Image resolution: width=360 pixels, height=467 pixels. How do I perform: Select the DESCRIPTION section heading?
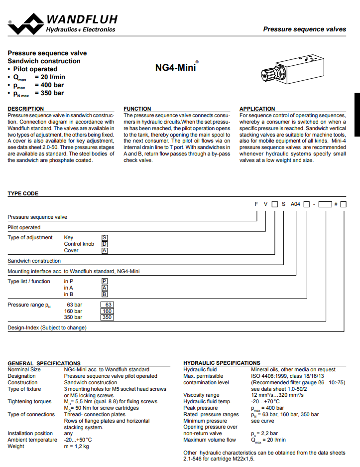(x=26, y=109)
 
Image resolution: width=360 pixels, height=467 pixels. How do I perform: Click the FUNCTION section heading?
(x=137, y=109)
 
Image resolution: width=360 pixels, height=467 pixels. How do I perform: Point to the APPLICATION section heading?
(x=257, y=109)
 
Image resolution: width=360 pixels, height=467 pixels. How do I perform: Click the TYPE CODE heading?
(x=23, y=193)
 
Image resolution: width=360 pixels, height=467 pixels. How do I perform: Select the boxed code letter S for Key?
(x=105, y=238)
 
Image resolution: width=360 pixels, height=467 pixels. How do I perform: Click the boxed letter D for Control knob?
(x=105, y=244)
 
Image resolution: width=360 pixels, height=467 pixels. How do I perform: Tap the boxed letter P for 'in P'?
(x=105, y=282)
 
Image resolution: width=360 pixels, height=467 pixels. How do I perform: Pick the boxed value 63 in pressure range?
(x=107, y=305)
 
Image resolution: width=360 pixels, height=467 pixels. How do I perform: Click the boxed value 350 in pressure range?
(x=107, y=317)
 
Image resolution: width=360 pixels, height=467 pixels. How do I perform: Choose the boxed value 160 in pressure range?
(x=107, y=311)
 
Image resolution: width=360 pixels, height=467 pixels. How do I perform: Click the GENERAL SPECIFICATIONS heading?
(x=44, y=363)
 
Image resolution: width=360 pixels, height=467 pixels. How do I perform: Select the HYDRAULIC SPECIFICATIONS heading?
(x=222, y=363)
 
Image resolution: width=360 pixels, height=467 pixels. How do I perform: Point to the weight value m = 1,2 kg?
(x=77, y=446)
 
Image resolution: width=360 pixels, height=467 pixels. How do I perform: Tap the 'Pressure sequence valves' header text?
(x=304, y=29)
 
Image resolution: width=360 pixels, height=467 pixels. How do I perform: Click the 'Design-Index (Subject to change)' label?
(x=47, y=327)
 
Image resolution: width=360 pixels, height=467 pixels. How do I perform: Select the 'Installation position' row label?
(x=30, y=434)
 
